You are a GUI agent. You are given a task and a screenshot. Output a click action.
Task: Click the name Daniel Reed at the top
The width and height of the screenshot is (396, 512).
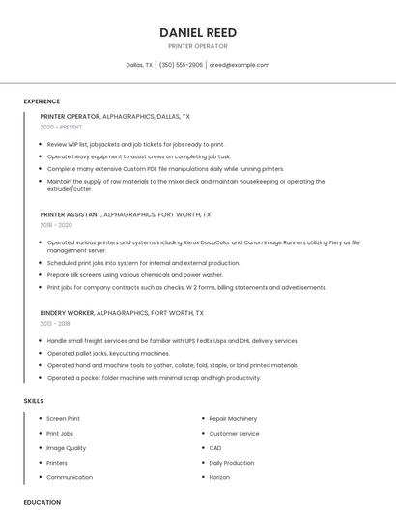pyautogui.click(x=197, y=32)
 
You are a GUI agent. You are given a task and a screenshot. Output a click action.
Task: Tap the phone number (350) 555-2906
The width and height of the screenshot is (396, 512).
pyautogui.click(x=181, y=65)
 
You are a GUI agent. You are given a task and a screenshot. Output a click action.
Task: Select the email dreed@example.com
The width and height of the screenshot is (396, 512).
pyautogui.click(x=240, y=65)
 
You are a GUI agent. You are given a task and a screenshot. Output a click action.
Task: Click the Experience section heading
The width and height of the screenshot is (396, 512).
pyautogui.click(x=42, y=101)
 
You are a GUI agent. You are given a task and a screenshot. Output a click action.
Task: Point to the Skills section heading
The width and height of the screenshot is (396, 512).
pyautogui.click(x=33, y=400)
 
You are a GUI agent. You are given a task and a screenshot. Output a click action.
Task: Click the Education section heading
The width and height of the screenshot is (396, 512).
pyautogui.click(x=42, y=502)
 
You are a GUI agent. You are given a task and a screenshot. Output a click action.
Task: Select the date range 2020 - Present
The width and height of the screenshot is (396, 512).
pyautogui.click(x=61, y=127)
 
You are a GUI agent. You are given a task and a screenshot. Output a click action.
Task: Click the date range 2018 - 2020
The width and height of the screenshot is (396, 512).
pyautogui.click(x=57, y=224)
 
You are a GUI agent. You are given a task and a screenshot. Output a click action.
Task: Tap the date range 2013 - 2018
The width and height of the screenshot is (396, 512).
pyautogui.click(x=57, y=324)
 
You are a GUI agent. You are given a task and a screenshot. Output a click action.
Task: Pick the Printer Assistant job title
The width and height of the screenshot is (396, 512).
pyautogui.click(x=71, y=213)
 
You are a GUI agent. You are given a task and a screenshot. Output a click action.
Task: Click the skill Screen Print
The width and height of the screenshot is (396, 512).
pyautogui.click(x=64, y=419)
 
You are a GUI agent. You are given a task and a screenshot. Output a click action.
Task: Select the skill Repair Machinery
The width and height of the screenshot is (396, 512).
pyautogui.click(x=233, y=419)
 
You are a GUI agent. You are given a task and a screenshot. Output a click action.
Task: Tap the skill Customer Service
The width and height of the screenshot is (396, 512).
pyautogui.click(x=234, y=434)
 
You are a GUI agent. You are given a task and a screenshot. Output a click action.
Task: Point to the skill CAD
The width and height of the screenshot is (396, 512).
pyautogui.click(x=215, y=448)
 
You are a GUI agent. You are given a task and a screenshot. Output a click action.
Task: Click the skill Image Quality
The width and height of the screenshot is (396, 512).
pyautogui.click(x=67, y=448)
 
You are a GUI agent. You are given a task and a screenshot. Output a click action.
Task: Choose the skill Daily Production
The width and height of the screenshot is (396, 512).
pyautogui.click(x=232, y=463)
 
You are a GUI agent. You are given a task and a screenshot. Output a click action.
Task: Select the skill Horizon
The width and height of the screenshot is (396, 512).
pyautogui.click(x=219, y=477)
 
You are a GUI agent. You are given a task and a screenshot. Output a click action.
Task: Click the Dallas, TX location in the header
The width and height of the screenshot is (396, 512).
pyautogui.click(x=139, y=65)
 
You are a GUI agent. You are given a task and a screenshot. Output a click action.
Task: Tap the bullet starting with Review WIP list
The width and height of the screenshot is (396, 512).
pyautogui.click(x=135, y=144)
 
